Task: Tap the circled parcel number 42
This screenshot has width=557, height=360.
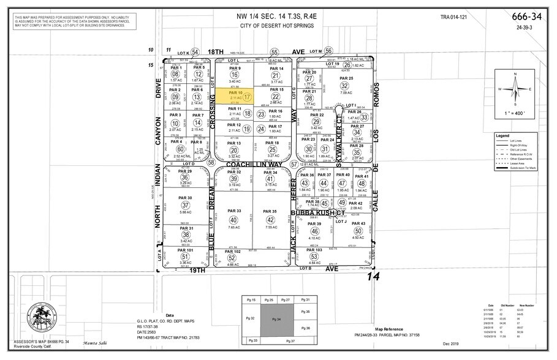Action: (270, 220)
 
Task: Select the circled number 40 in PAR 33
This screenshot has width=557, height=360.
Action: (233, 220)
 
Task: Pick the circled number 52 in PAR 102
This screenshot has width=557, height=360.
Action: (232, 258)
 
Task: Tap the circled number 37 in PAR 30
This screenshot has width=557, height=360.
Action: (186, 205)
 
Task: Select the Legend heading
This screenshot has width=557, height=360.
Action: (502, 136)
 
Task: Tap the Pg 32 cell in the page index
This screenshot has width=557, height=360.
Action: (249, 318)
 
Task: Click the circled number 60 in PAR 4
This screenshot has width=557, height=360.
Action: (180, 149)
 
